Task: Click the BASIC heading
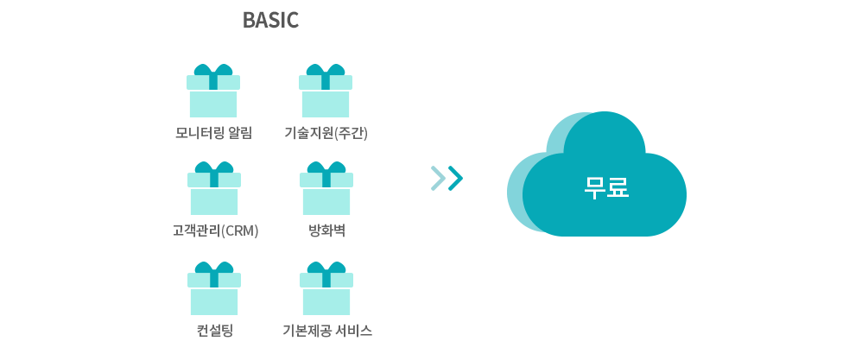point(270,21)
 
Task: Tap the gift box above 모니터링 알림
point(213,91)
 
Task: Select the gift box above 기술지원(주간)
point(326,91)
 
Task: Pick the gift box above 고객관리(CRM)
point(214,188)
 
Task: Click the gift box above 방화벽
point(326,188)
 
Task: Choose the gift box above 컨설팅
point(214,288)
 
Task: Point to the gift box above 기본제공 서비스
point(326,288)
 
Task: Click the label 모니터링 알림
point(213,133)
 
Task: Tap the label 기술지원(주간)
point(326,134)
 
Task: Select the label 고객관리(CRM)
point(215,231)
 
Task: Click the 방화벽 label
point(326,231)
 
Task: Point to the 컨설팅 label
point(215,331)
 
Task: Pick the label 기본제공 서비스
point(327,331)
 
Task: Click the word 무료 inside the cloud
point(606,187)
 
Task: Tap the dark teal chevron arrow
point(455,178)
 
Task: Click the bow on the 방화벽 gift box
point(326,167)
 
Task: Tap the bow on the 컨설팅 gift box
point(214,267)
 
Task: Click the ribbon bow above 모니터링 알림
point(213,69)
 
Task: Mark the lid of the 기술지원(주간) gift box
point(326,82)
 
